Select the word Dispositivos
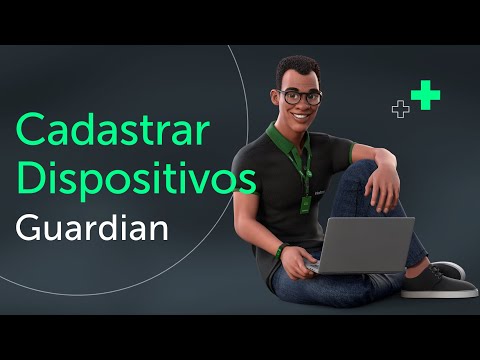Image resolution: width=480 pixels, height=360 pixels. (135, 180)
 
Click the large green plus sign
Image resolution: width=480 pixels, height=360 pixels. (426, 95)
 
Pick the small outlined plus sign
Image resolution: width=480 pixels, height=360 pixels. (401, 109)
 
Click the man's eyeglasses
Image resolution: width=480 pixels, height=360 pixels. (300, 97)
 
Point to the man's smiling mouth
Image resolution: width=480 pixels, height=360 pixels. (299, 117)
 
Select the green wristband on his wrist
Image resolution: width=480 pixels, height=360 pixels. (283, 249)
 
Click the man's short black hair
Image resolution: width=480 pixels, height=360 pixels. (296, 67)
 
